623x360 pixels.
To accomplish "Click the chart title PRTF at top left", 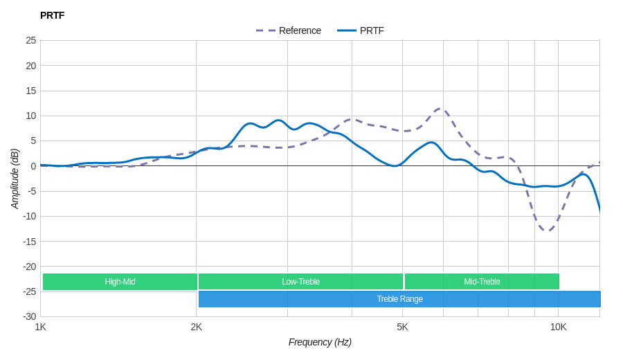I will pos(52,15).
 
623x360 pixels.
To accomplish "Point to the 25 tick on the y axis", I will pos(31,40).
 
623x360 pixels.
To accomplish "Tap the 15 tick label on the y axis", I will pos(31,91).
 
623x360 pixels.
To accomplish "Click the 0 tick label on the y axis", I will pos(33,166).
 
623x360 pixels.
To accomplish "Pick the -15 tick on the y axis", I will pos(30,241).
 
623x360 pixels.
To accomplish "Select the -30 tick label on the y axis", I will pos(30,316).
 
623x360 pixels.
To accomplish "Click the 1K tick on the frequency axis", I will pos(41,327).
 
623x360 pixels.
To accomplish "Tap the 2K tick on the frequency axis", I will pos(197,327).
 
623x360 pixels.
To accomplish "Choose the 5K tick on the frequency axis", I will pos(402,327).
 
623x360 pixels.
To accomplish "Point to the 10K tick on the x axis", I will pos(559,327).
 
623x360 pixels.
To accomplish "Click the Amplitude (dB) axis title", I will pos(15,179).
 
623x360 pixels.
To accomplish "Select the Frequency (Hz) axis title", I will pos(320,342).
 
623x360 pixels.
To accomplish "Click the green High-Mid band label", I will pos(120,282).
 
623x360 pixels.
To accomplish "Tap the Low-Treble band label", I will pos(300,282).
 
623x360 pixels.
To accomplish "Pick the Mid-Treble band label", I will pos(482,282).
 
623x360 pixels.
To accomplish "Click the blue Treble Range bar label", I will pos(399,299).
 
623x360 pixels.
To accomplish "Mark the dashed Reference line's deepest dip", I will pos(547,231).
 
